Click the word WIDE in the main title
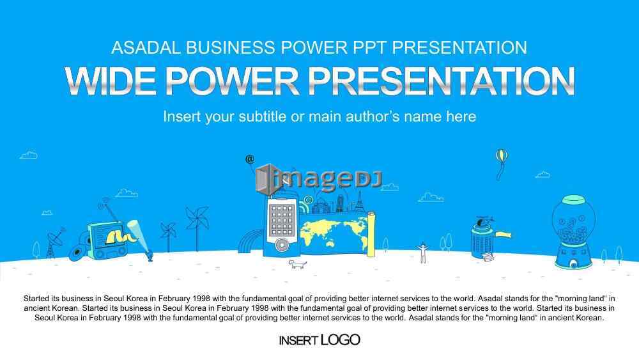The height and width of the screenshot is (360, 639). (111, 81)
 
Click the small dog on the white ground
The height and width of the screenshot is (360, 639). (298, 265)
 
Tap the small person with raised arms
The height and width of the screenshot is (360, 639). (423, 253)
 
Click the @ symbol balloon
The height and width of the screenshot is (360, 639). (250, 159)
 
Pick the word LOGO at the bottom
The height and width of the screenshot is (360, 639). (341, 340)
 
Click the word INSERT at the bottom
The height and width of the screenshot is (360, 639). (298, 340)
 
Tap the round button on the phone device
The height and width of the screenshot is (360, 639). (281, 245)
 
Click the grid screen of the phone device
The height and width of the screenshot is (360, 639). (281, 220)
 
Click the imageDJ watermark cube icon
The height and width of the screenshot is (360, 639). (266, 178)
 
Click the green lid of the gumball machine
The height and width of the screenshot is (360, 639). (573, 200)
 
